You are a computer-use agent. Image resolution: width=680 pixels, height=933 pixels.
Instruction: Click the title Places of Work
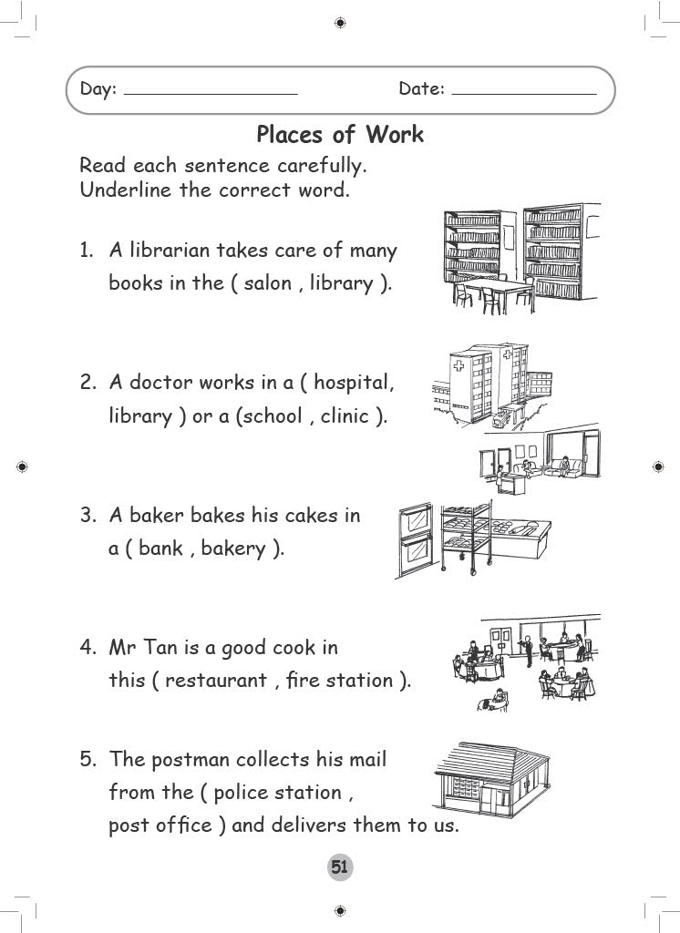(339, 135)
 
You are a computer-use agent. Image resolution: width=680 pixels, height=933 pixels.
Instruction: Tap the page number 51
(339, 867)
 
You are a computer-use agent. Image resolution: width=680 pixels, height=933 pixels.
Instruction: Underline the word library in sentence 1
(341, 283)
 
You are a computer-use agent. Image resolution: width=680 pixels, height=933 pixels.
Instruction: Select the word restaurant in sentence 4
(216, 681)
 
